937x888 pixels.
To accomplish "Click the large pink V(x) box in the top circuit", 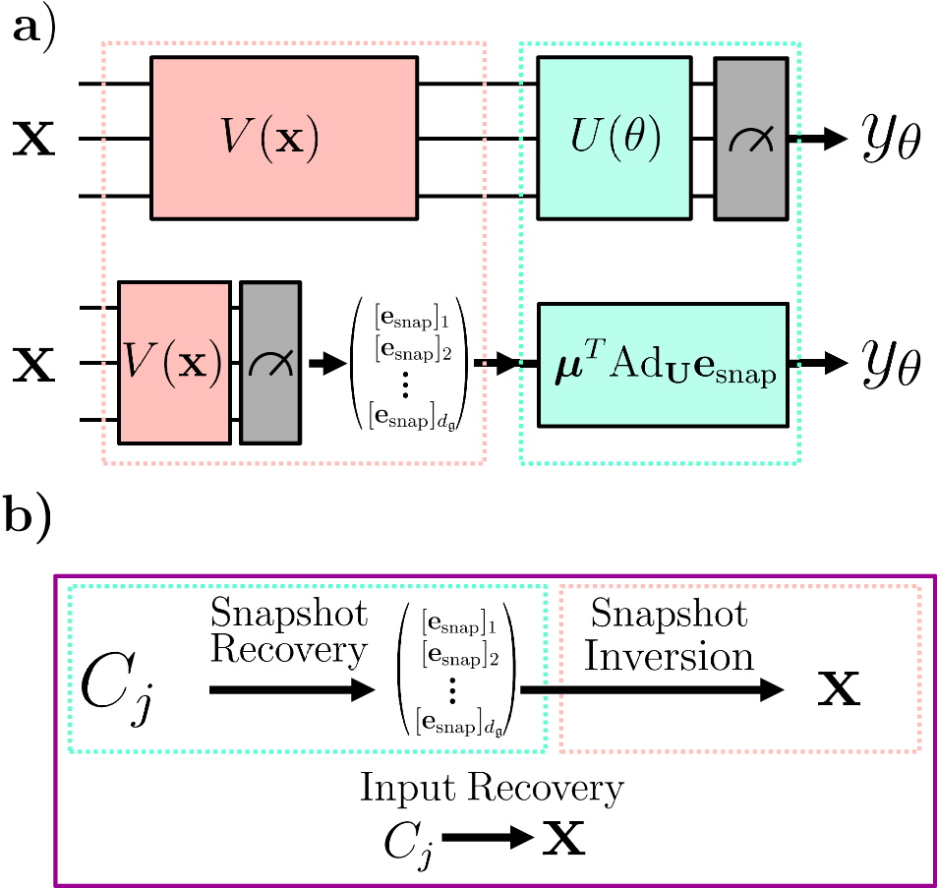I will pos(284,138).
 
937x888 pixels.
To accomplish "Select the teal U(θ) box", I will pos(614,138).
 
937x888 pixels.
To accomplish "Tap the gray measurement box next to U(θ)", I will pos(750,138).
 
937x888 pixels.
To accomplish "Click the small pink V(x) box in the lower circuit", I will pos(175,363).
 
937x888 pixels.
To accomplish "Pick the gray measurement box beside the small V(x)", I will pos(270,363).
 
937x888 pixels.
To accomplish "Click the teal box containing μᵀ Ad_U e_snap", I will pos(663,364).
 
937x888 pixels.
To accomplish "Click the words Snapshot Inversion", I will pos(669,634).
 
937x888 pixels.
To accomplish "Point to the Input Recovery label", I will pos(491,788).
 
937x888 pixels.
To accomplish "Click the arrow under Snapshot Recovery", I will pos(293,691).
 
